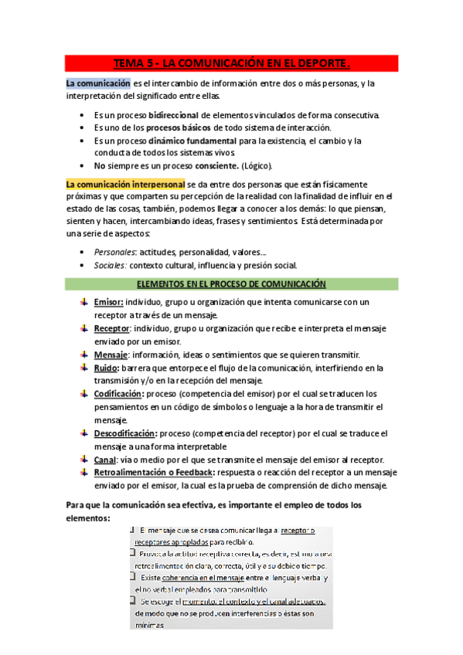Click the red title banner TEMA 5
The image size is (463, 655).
[x=231, y=62]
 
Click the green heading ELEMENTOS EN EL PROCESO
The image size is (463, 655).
[x=231, y=283]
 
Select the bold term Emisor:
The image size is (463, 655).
[x=107, y=301]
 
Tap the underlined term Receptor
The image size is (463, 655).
[x=111, y=328]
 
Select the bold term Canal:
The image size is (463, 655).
[x=106, y=460]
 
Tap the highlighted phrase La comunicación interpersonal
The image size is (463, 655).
[x=125, y=185]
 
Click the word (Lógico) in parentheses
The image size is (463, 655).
[x=256, y=165]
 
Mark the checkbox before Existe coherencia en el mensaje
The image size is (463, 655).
[x=134, y=577]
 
